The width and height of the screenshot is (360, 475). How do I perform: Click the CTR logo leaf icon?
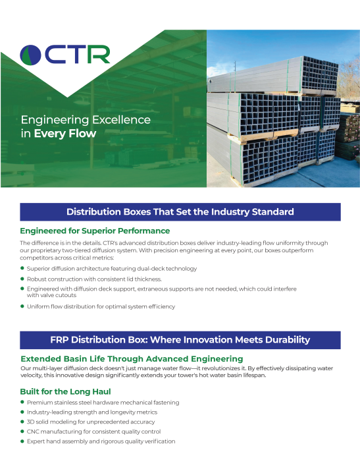pyautogui.click(x=31, y=55)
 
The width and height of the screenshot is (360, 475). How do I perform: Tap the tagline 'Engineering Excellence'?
pyautogui.click(x=86, y=121)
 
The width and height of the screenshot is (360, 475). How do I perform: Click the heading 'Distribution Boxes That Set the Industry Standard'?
pyautogui.click(x=180, y=211)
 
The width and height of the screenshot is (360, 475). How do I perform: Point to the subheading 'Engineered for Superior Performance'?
pyautogui.click(x=95, y=231)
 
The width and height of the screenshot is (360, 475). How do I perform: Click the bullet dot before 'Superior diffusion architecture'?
pyautogui.click(x=22, y=268)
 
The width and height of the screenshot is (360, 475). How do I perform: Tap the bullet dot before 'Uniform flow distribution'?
pyautogui.click(x=22, y=306)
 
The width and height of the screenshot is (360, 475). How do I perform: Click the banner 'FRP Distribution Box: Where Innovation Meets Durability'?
pyautogui.click(x=180, y=340)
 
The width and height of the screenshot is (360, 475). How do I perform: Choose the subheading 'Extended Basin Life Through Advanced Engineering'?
pyautogui.click(x=132, y=358)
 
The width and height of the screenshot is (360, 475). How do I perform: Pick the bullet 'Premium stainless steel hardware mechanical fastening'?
pyautogui.click(x=103, y=403)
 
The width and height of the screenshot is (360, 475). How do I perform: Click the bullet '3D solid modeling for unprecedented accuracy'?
pyautogui.click(x=91, y=422)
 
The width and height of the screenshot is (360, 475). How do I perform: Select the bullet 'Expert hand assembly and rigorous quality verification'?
pyautogui.click(x=101, y=441)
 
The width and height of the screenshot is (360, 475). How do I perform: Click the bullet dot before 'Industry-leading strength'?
pyautogui.click(x=22, y=412)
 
